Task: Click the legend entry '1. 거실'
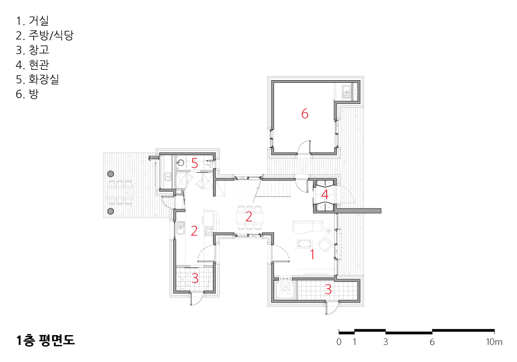[32, 21]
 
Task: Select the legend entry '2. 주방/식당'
[45, 35]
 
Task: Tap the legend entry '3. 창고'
[32, 50]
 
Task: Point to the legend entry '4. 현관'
[32, 65]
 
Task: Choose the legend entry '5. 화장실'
[38, 79]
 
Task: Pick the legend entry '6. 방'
[27, 94]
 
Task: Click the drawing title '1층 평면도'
[45, 340]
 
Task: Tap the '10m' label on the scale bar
[494, 342]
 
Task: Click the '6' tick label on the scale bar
[432, 342]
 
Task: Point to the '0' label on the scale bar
[339, 342]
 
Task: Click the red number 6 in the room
[305, 114]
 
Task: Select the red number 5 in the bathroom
[194, 163]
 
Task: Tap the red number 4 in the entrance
[325, 194]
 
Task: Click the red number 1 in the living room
[312, 254]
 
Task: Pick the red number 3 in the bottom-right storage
[328, 289]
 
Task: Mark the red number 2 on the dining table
[249, 216]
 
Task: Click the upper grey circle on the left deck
[111, 174]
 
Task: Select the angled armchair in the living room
[325, 245]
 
